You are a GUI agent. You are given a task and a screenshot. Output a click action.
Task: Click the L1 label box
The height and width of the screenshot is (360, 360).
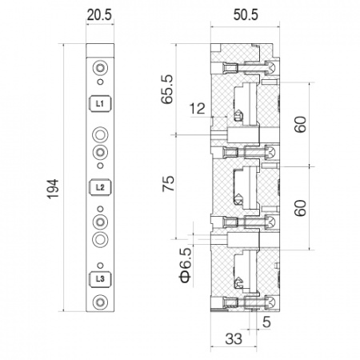tap(99, 103)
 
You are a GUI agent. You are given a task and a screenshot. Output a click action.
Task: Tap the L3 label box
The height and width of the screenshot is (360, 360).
tap(99, 278)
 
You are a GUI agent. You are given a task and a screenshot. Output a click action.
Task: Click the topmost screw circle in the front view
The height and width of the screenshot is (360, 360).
tap(99, 67)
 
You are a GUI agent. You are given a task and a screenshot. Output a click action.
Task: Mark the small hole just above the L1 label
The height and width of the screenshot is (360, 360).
tap(99, 82)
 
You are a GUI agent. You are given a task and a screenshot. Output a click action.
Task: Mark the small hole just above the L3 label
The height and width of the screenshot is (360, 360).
tap(99, 265)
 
